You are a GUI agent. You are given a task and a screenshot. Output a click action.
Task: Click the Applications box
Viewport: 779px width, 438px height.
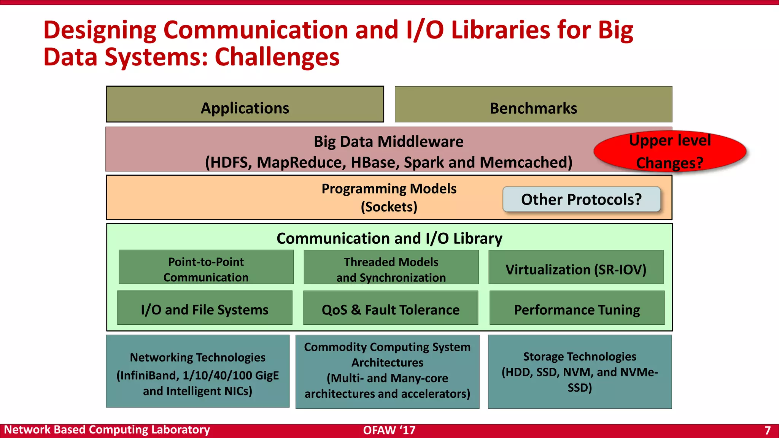(x=245, y=105)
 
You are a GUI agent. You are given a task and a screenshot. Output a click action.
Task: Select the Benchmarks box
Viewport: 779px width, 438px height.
(x=533, y=105)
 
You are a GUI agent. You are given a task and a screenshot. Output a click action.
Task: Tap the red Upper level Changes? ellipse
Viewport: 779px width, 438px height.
(x=670, y=151)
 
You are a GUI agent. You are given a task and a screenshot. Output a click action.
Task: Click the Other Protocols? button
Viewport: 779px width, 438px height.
(x=581, y=199)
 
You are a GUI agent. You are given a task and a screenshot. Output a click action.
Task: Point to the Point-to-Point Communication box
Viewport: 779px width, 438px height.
(x=206, y=267)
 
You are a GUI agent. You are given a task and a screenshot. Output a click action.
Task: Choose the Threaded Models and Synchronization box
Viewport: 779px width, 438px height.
(x=391, y=267)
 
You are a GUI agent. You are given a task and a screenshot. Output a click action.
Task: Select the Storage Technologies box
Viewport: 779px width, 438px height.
(x=580, y=371)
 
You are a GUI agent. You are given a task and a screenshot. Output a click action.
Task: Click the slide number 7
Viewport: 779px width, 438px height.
(x=767, y=430)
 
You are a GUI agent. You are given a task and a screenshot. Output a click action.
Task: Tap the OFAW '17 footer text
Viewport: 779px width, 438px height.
(x=389, y=430)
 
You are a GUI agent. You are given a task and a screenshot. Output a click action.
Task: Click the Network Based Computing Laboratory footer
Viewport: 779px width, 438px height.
(x=107, y=430)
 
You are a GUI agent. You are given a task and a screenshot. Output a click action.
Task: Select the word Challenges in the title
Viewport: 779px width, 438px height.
(x=277, y=57)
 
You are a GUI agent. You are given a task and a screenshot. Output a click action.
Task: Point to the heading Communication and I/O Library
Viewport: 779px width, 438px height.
(x=389, y=238)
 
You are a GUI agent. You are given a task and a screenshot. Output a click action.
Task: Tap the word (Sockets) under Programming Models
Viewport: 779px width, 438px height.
(x=389, y=207)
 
